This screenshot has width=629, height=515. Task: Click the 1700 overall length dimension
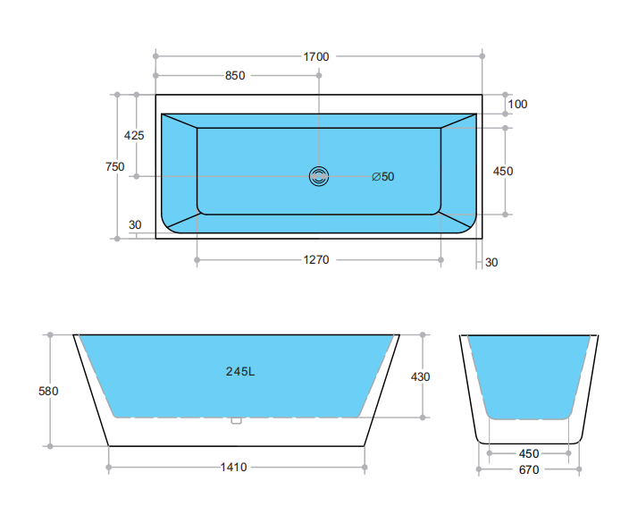[316, 56]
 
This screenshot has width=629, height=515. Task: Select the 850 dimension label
[235, 76]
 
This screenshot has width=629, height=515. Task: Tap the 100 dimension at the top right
[517, 104]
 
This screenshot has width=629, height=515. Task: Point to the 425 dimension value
[134, 136]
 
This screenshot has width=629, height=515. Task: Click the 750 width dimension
[114, 166]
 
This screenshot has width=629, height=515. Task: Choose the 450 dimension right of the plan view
[503, 171]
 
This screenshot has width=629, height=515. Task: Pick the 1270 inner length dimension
[316, 260]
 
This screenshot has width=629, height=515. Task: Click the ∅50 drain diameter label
[382, 176]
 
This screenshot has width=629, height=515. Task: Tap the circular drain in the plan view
[319, 176]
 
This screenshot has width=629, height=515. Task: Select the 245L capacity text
[240, 371]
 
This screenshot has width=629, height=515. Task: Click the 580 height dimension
[50, 391]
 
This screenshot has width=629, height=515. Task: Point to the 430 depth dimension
[420, 376]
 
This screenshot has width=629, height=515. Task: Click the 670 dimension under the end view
[529, 469]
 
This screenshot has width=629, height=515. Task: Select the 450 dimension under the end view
[529, 452]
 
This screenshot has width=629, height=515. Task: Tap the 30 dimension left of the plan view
[135, 224]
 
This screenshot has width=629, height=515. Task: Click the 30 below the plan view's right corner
[491, 262]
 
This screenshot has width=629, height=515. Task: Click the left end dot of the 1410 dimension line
[109, 467]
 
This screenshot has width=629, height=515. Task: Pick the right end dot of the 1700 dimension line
[482, 56]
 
